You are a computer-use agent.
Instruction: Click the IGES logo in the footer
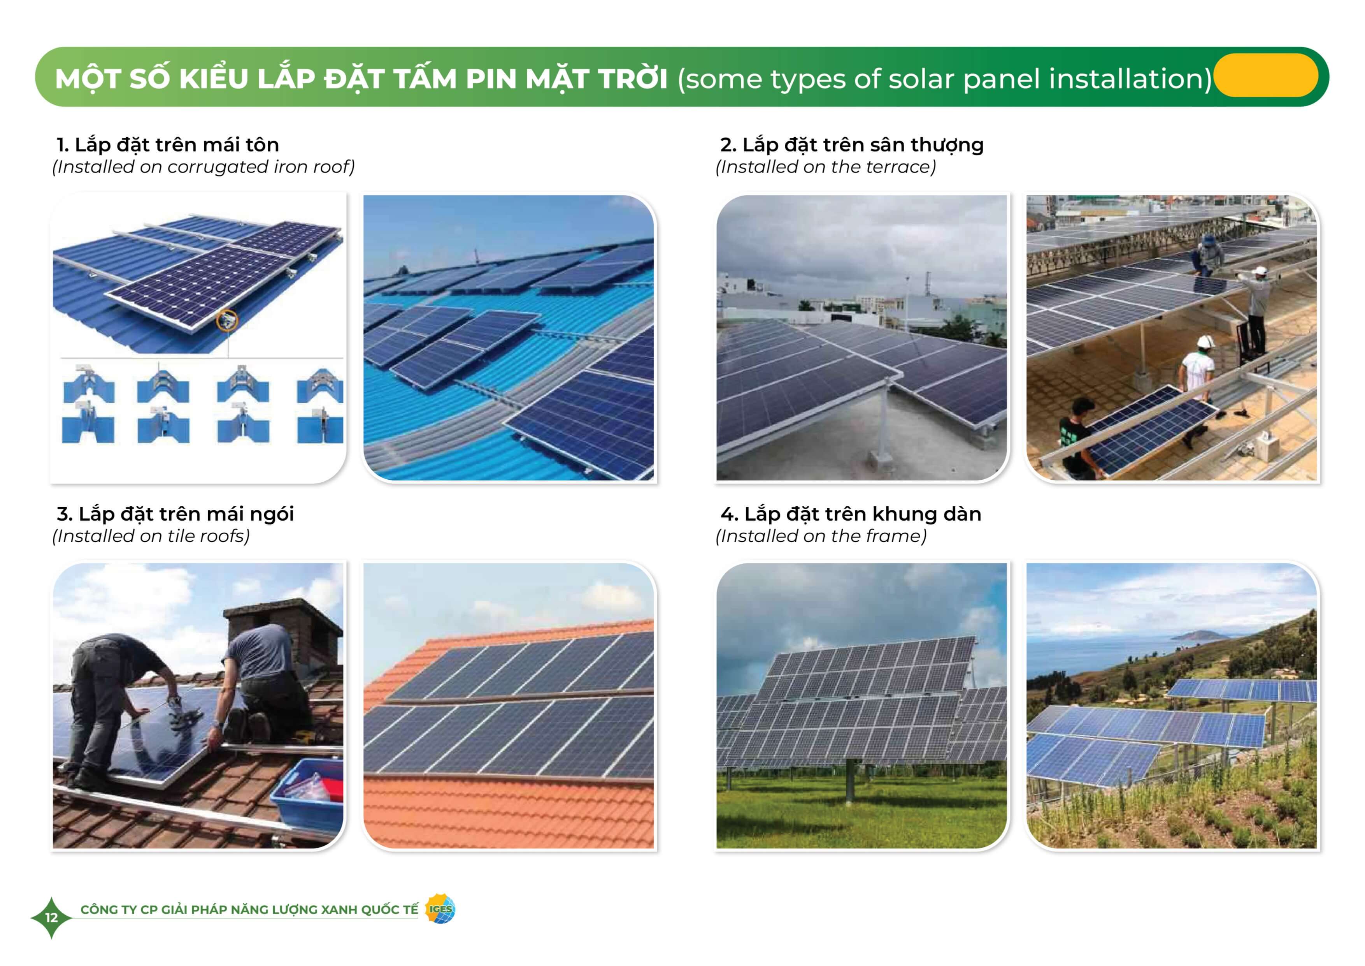(x=440, y=909)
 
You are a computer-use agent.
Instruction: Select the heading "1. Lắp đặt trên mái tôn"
(x=168, y=144)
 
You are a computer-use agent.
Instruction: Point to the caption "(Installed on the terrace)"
(x=826, y=167)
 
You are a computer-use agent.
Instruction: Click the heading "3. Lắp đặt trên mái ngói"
(x=175, y=514)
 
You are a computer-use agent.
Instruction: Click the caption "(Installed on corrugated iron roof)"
(x=204, y=167)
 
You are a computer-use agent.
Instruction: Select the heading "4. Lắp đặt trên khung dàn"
(x=851, y=514)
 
